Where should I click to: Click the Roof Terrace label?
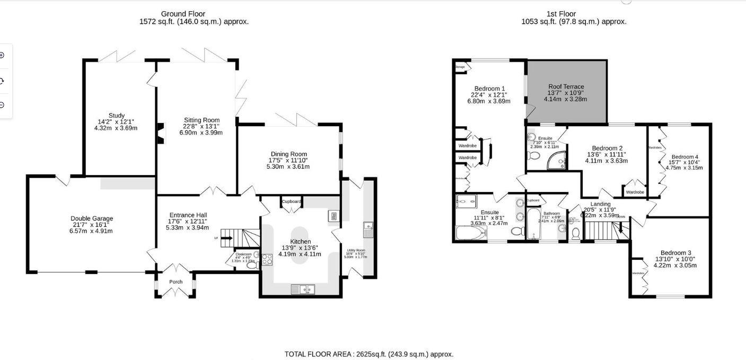pyautogui.click(x=566, y=86)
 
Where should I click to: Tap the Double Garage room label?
pyautogui.click(x=92, y=218)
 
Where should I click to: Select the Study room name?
pyautogui.click(x=117, y=116)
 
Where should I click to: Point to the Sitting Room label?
pyautogui.click(x=201, y=120)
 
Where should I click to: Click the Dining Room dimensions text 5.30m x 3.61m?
pyautogui.click(x=288, y=166)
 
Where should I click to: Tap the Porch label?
pyautogui.click(x=175, y=282)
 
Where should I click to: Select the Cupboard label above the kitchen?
pyautogui.click(x=291, y=201)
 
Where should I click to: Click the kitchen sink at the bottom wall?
pyautogui.click(x=303, y=289)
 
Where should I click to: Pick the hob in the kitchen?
pyautogui.click(x=267, y=260)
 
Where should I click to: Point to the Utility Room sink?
pyautogui.click(x=368, y=230)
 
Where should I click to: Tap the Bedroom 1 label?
pyautogui.click(x=489, y=89)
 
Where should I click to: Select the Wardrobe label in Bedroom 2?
pyautogui.click(x=635, y=192)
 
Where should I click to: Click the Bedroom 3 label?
pyautogui.click(x=675, y=253)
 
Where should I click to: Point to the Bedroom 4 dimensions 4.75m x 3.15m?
pyautogui.click(x=684, y=168)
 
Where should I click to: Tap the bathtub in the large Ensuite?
pyautogui.click(x=470, y=233)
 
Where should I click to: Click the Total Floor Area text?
pyautogui.click(x=369, y=354)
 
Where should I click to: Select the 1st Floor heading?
pyautogui.click(x=561, y=14)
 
